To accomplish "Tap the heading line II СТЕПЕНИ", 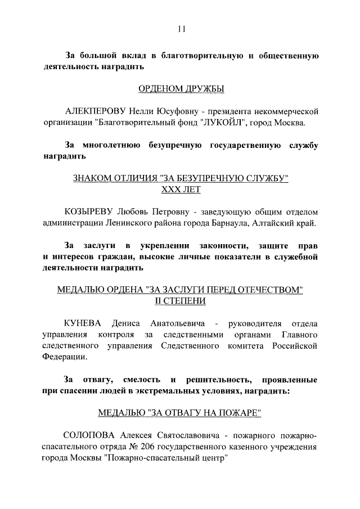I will pyautogui.click(x=180, y=301).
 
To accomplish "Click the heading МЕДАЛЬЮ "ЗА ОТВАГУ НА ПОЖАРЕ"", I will pyautogui.click(x=180, y=412).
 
